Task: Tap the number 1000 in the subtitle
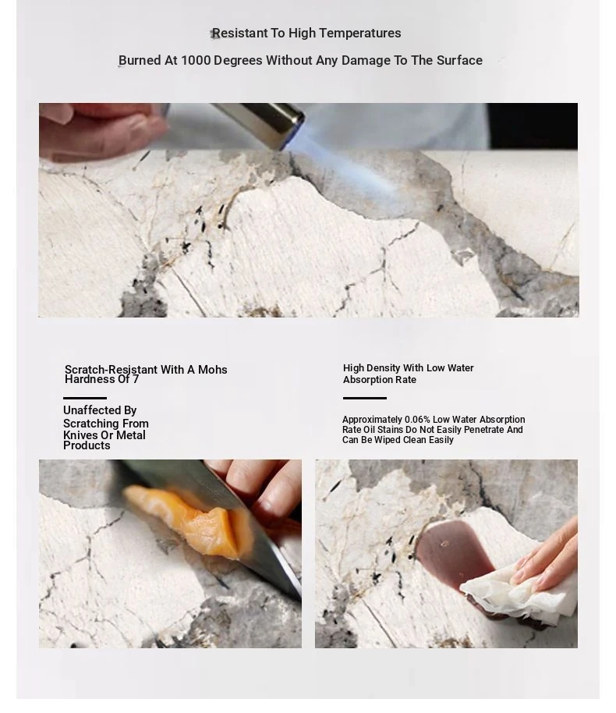click(196, 61)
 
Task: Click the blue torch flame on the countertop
click(345, 174)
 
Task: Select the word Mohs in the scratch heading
click(212, 370)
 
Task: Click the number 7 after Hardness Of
click(136, 379)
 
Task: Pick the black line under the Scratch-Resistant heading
click(85, 398)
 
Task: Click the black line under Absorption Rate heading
click(365, 399)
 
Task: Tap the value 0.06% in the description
click(417, 419)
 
